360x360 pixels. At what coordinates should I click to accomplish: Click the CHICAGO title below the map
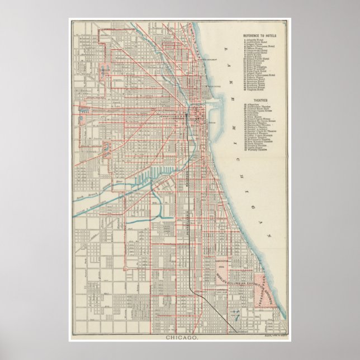point(180,338)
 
